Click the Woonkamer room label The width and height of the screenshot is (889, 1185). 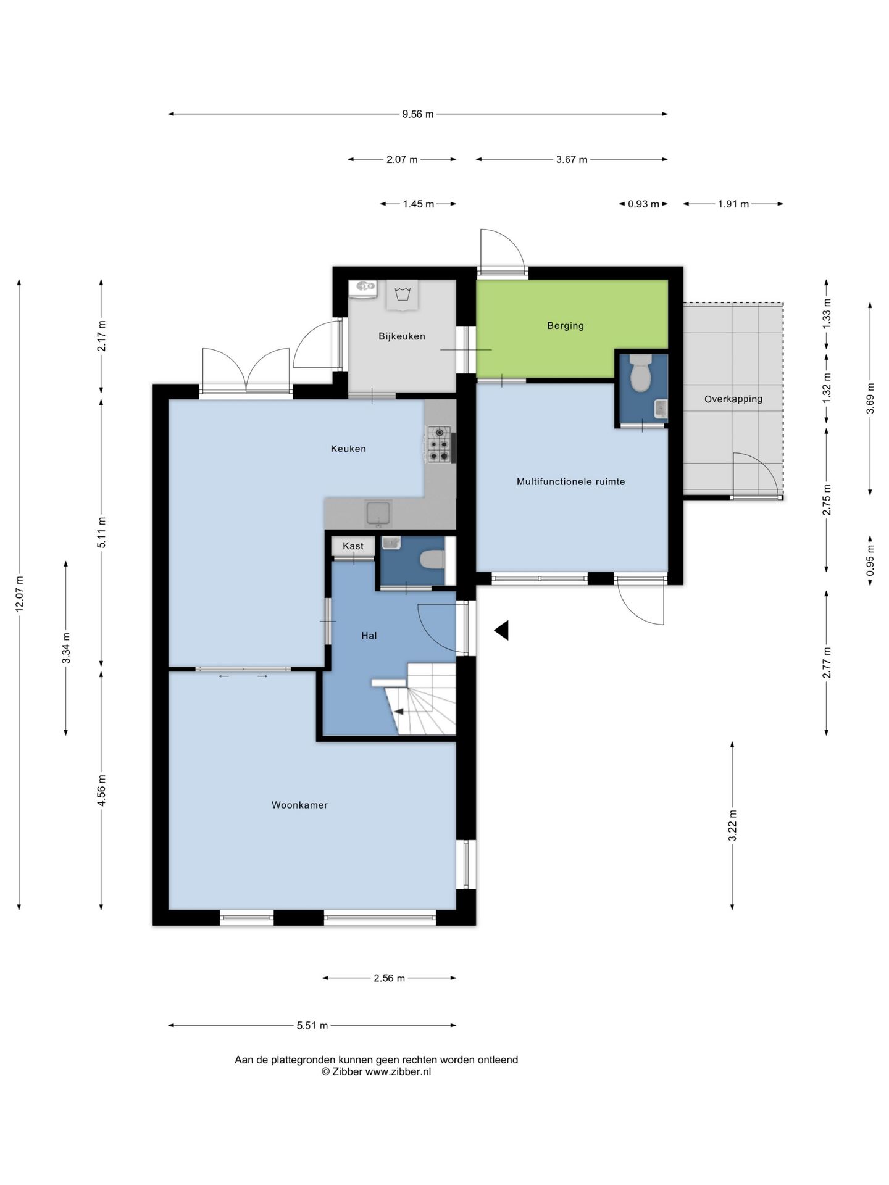[x=299, y=805]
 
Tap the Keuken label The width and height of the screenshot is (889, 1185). [x=348, y=449]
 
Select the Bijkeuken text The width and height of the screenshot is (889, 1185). [x=402, y=336]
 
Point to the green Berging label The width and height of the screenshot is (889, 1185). [x=566, y=326]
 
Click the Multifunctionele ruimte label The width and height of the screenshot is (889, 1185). [x=571, y=481]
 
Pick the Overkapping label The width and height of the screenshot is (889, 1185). [x=733, y=399]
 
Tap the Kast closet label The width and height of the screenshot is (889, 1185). [x=353, y=546]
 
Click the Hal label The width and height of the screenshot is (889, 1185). [x=369, y=636]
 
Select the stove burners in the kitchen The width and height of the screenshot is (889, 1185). [x=440, y=444]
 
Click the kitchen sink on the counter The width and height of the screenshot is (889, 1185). [x=378, y=513]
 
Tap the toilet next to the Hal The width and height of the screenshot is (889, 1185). [x=432, y=560]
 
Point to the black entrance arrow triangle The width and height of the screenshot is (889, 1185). [x=501, y=630]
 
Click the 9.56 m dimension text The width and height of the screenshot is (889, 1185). [x=418, y=114]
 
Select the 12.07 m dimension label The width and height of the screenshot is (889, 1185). [x=19, y=594]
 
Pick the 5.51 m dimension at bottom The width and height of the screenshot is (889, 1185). [x=312, y=1026]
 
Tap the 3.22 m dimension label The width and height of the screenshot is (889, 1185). [x=733, y=825]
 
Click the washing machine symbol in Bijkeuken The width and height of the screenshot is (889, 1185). [x=403, y=294]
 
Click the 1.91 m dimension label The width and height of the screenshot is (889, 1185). [x=733, y=204]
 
